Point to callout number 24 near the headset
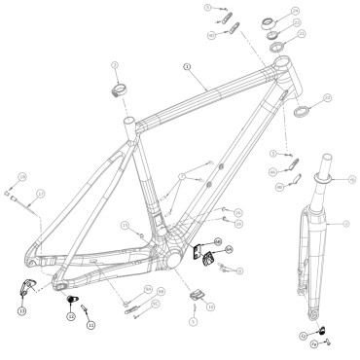point(295,12)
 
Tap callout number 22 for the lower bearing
point(328,98)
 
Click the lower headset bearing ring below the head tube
point(302,107)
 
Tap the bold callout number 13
point(21,310)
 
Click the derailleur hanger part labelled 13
point(26,287)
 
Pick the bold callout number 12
point(71,315)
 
